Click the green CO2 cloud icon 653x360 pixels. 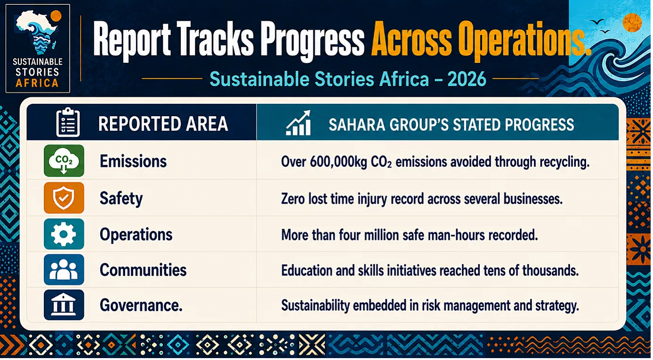point(64,160)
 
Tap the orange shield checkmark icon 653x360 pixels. point(64,198)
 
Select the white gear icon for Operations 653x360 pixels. point(64,234)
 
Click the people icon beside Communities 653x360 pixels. point(64,269)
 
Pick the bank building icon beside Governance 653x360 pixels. point(64,305)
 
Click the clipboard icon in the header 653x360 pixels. point(68,122)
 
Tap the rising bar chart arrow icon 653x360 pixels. point(298,123)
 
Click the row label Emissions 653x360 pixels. point(133,161)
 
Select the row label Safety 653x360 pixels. point(121,199)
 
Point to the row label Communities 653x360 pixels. point(143,270)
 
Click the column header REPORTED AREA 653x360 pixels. point(163,124)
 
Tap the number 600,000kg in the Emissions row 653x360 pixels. point(338,162)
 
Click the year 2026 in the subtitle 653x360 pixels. point(467,79)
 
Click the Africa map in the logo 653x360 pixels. point(37,32)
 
